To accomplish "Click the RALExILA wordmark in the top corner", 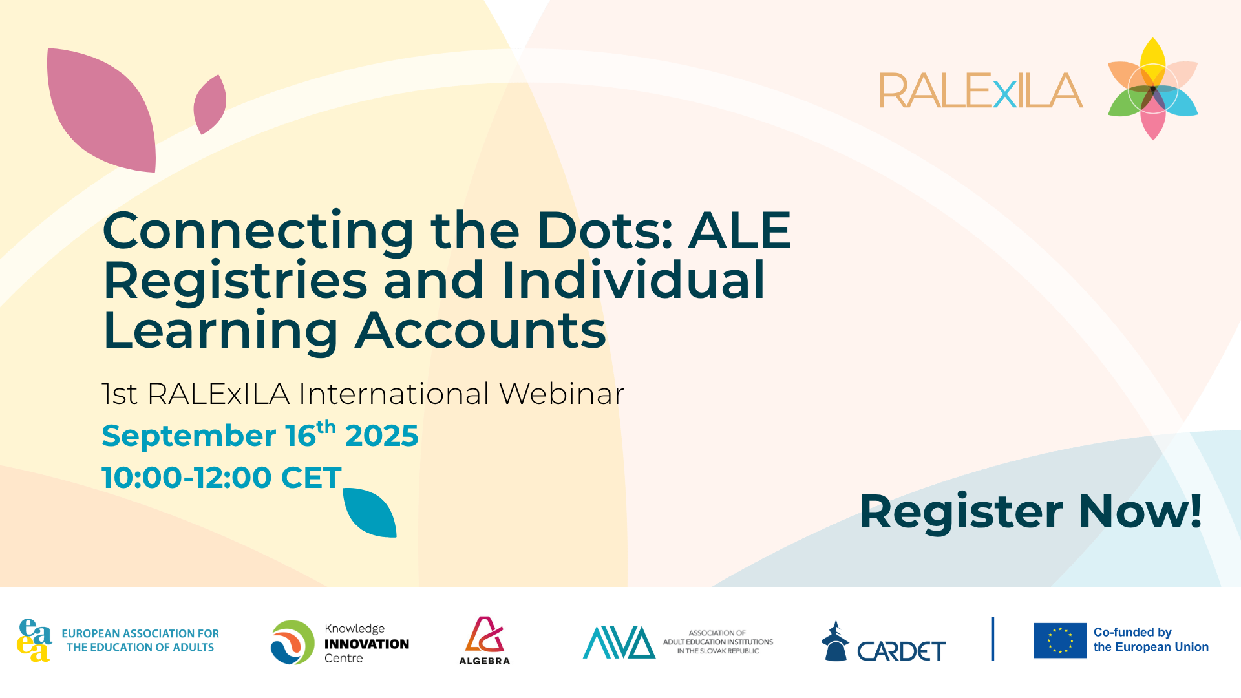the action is pyautogui.click(x=981, y=90).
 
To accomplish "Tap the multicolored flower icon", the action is pyautogui.click(x=1153, y=89).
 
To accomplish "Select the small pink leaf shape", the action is pyautogui.click(x=210, y=105).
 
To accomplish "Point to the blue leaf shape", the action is pyautogui.click(x=370, y=513).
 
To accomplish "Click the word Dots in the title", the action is pyautogui.click(x=605, y=230).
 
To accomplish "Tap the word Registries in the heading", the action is pyautogui.click(x=235, y=280).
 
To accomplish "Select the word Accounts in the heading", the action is pyautogui.click(x=481, y=330).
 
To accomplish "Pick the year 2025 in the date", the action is pyautogui.click(x=381, y=436).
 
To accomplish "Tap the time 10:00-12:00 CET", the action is pyautogui.click(x=222, y=478).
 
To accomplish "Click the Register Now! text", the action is pyautogui.click(x=1030, y=512).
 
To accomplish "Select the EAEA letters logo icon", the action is pyautogui.click(x=34, y=640).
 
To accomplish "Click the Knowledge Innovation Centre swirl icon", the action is pyautogui.click(x=293, y=642).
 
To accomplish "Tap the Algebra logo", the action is pyautogui.click(x=485, y=640).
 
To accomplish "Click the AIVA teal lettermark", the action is pyautogui.click(x=619, y=642).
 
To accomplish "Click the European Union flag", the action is pyautogui.click(x=1060, y=640).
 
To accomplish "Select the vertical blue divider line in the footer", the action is pyautogui.click(x=993, y=639).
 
